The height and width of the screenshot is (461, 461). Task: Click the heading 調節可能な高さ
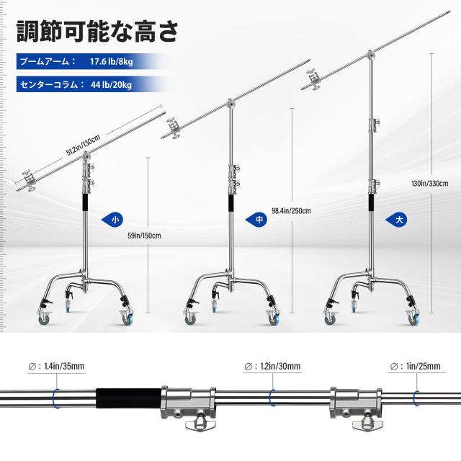[x=97, y=32]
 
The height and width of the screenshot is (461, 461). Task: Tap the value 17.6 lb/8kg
[x=111, y=62]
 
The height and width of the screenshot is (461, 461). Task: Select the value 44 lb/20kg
[x=111, y=85]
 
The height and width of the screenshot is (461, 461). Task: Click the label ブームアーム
[x=45, y=62]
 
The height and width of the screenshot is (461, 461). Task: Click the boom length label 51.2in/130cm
[x=84, y=145]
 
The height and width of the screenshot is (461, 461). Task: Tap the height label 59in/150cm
[x=144, y=236]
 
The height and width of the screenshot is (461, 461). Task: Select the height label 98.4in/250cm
[x=291, y=211]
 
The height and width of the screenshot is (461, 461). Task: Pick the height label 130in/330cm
[x=430, y=184]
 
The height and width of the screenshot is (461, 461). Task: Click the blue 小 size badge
[x=112, y=220]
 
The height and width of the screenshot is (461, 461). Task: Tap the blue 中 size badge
[x=256, y=220]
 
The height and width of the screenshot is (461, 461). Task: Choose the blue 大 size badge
[x=397, y=220]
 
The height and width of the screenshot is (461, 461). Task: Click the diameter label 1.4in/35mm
[x=64, y=367]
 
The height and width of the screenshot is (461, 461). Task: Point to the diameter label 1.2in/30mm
[x=280, y=367]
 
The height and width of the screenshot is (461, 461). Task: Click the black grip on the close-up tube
[x=128, y=398]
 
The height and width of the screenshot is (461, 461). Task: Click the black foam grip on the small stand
[x=86, y=202]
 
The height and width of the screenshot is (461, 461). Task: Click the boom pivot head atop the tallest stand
[x=371, y=55]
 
